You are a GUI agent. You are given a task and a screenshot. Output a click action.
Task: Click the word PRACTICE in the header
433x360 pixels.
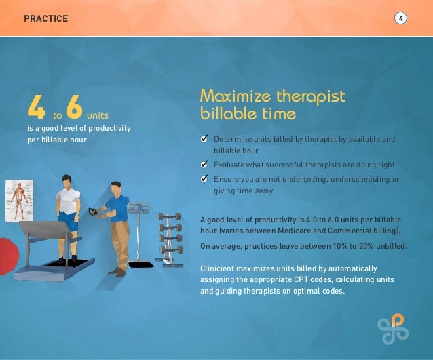pyautogui.click(x=45, y=18)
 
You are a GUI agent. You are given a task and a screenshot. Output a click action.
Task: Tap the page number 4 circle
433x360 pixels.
pyautogui.click(x=401, y=18)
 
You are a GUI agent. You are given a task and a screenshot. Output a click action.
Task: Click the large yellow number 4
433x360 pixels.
pyautogui.click(x=35, y=106)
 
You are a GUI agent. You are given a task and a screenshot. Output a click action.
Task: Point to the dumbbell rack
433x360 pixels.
pyautogui.click(x=167, y=235)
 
